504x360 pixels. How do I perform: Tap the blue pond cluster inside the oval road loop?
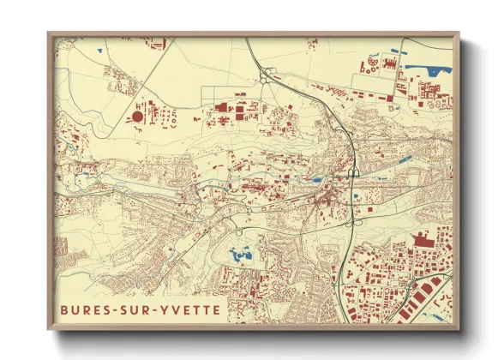(238, 254)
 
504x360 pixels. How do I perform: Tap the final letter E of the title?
(216, 309)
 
